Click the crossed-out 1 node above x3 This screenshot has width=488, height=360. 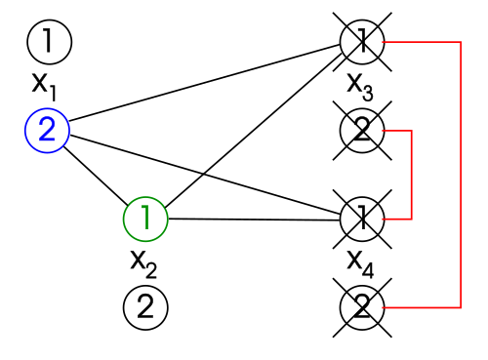tap(362, 42)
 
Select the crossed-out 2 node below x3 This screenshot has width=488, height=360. tap(362, 131)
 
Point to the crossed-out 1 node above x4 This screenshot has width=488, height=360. tap(362, 220)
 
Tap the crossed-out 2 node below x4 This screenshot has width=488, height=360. tap(362, 307)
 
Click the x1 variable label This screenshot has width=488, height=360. tap(44, 87)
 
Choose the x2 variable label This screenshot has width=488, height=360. tap(143, 264)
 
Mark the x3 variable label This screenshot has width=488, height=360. tap(360, 87)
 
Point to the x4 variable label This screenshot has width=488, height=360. tap(360, 264)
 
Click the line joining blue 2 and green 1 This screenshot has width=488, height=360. tap(96, 176)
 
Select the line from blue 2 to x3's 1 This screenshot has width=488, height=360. tap(205, 83)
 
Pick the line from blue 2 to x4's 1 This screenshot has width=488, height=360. tap(206, 175)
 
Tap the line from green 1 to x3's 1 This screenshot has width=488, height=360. tap(255, 129)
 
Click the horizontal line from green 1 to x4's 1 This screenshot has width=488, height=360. tap(255, 220)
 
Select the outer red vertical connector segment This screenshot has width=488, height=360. tap(461, 175)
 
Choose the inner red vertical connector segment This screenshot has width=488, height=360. tap(412, 175)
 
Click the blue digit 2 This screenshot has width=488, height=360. tap(47, 130)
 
